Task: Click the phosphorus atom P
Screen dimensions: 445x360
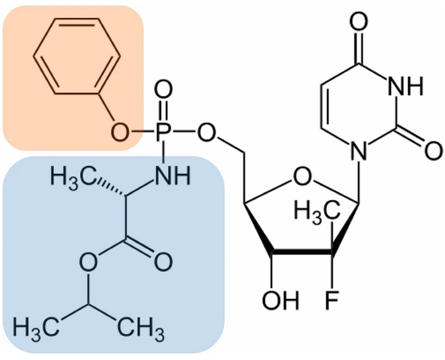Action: [x=163, y=133]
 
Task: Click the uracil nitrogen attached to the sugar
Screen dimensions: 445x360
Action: [x=359, y=153]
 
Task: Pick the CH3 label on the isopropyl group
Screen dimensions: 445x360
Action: [x=137, y=331]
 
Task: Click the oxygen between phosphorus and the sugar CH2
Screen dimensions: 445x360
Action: [x=205, y=133]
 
